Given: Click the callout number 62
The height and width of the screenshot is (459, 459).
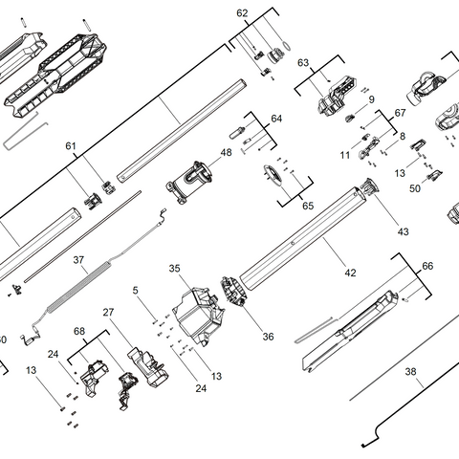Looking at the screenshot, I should tap(242, 13).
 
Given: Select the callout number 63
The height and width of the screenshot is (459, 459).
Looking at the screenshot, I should tap(304, 63).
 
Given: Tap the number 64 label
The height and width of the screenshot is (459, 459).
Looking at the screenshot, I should tap(277, 119).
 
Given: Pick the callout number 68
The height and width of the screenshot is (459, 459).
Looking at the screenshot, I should tap(79, 332).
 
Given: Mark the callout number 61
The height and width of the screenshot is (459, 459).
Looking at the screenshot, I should tap(70, 145).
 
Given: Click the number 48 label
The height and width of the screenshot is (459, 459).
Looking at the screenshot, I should tap(227, 152).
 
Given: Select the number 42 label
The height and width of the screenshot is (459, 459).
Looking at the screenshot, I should tap(350, 273).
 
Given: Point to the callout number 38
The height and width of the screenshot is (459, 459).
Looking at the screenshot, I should tap(411, 372).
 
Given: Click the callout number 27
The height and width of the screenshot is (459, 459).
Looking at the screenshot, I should tap(109, 312).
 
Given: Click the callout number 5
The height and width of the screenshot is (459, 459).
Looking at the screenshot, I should tap(136, 290).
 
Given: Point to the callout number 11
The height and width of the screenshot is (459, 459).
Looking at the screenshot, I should tap(344, 155).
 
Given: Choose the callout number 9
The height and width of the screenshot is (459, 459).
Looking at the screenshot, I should tap(371, 98).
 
